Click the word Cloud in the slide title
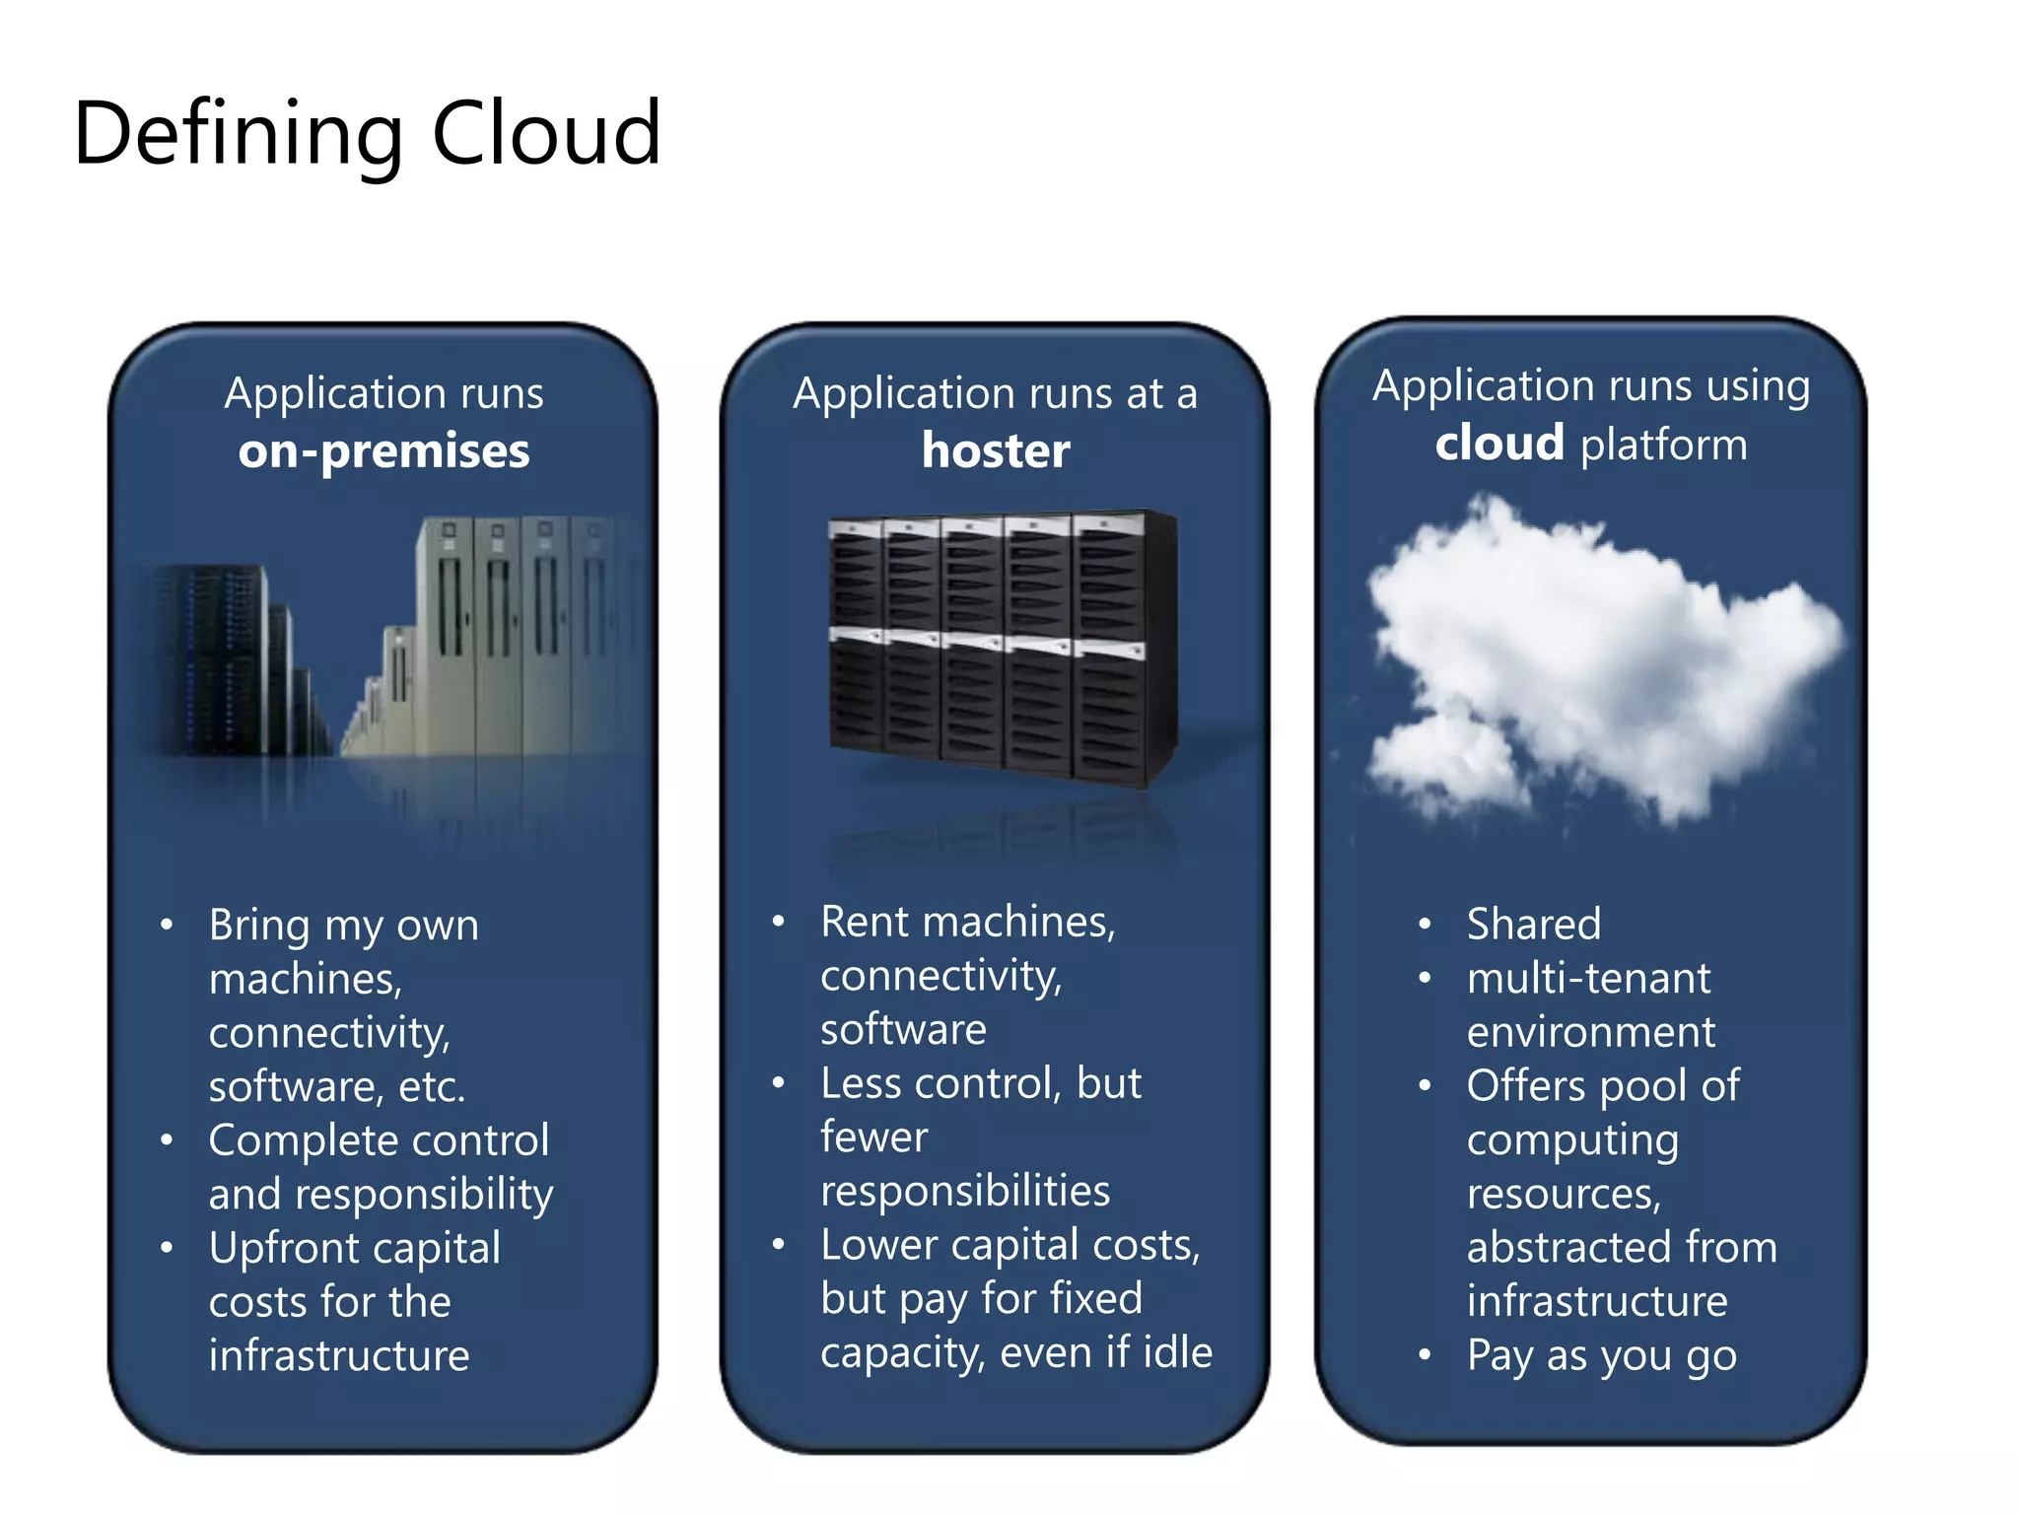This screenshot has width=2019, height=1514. [545, 133]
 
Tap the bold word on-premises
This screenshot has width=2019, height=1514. [383, 450]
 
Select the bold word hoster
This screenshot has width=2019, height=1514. [996, 450]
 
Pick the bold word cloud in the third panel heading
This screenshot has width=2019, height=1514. [1499, 443]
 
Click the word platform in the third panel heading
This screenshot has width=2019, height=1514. [1664, 445]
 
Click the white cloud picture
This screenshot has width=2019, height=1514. [1597, 660]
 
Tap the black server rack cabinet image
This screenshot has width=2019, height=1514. [1001, 646]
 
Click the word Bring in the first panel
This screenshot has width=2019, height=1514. [259, 926]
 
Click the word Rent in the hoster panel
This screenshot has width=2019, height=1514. [869, 922]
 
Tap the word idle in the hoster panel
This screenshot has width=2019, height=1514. [1177, 1352]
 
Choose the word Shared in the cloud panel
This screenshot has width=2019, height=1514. [1533, 925]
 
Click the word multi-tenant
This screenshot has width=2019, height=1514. [1588, 979]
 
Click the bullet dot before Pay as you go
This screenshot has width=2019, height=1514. [1424, 1355]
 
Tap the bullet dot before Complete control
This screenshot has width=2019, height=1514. [167, 1140]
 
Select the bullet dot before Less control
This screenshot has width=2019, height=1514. [779, 1083]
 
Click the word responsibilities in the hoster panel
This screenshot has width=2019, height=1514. [965, 1191]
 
